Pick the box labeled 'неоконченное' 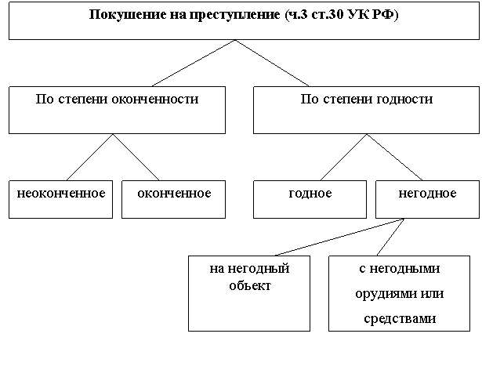coord(61,200)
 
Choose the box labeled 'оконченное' coord(173,200)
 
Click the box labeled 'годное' coord(310,200)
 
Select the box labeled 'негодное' coord(427,200)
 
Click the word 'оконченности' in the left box coord(155,100)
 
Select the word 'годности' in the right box coord(405,100)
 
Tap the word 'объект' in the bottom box coord(250,286)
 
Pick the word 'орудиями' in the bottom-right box coord(380,294)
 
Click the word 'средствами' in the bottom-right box coord(399,319)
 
